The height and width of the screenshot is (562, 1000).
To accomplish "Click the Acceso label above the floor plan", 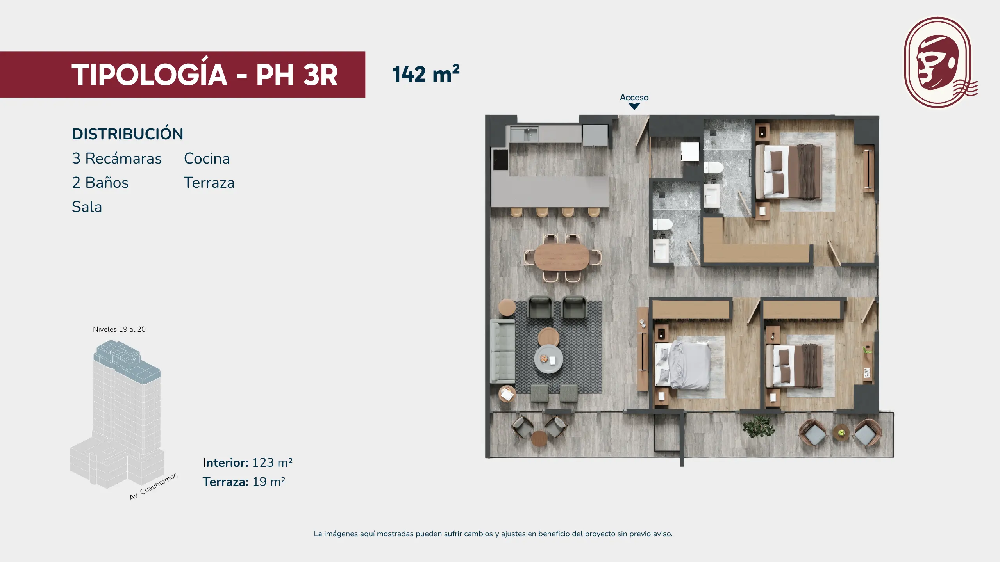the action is [x=634, y=97].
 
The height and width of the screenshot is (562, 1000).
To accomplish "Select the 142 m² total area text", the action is [x=426, y=74].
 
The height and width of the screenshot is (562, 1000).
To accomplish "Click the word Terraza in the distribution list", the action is [x=209, y=183].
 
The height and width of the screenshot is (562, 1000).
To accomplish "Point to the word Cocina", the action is [x=207, y=158].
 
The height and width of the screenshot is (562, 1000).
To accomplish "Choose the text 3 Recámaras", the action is [x=116, y=158].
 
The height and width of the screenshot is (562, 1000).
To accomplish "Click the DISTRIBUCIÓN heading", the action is [x=127, y=133].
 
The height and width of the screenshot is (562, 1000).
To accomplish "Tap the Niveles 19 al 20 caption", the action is [x=119, y=329].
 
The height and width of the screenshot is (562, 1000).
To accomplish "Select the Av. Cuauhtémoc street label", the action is [x=154, y=486].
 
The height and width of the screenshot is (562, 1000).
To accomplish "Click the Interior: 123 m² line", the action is [x=247, y=462].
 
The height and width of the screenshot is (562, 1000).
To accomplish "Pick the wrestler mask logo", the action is [x=939, y=62].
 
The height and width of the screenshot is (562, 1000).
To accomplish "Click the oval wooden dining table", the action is [x=561, y=257].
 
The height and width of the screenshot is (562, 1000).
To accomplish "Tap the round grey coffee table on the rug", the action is [x=548, y=359].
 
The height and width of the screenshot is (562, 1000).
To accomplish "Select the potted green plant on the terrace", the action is [x=759, y=426].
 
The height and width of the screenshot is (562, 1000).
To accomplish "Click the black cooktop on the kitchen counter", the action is [x=500, y=160].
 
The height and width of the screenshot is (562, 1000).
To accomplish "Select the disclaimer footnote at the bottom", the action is [x=493, y=534].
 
